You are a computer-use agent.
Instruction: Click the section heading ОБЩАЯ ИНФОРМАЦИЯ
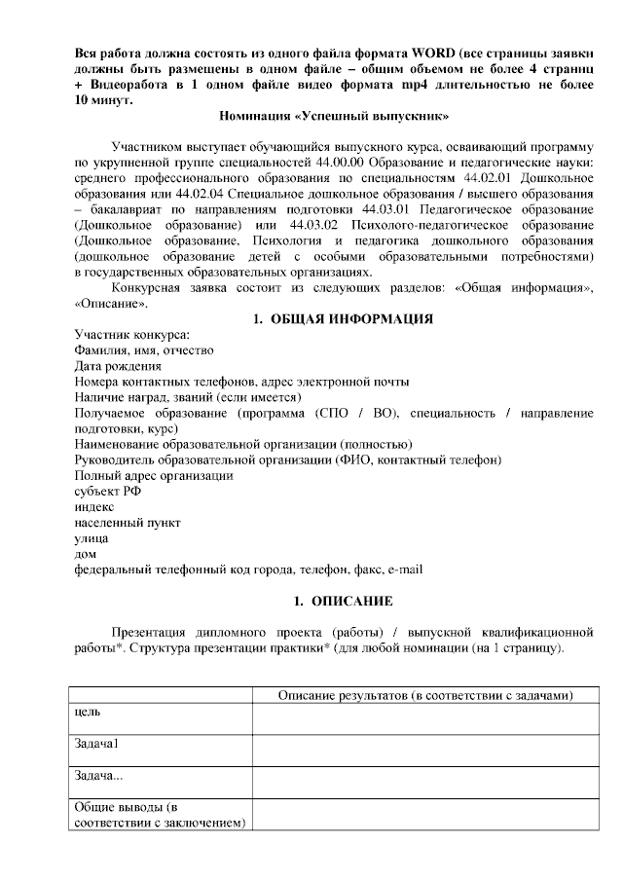pos(351,318)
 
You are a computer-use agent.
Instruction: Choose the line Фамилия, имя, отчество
pos(144,350)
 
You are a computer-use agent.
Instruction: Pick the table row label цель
pos(89,712)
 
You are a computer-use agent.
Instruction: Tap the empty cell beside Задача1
pos(425,751)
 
